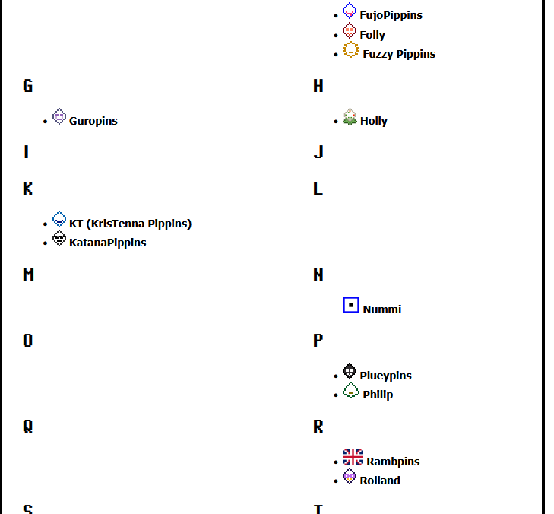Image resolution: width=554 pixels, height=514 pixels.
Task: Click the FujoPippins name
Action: click(x=391, y=15)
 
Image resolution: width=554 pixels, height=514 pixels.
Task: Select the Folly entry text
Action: click(x=372, y=35)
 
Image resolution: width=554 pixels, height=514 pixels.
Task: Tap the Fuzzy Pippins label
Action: click(x=399, y=54)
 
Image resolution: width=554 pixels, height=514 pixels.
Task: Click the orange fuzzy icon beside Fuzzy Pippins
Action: click(x=350, y=50)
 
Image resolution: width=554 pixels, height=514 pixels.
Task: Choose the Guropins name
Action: click(x=93, y=121)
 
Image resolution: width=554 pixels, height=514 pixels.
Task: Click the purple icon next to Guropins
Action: click(x=59, y=116)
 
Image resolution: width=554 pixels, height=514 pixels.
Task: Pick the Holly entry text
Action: click(x=374, y=121)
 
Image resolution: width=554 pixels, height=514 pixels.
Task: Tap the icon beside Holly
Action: click(x=350, y=116)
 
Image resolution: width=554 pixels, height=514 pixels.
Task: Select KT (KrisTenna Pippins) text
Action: click(x=130, y=224)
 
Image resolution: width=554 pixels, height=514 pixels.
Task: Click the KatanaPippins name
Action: click(x=107, y=243)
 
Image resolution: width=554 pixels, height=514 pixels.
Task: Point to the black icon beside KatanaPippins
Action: click(x=59, y=239)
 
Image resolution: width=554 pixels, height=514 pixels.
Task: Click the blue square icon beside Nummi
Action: click(x=350, y=305)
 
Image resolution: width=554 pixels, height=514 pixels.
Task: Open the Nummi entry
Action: click(x=382, y=309)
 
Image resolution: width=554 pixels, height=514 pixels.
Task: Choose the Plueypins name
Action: click(x=385, y=376)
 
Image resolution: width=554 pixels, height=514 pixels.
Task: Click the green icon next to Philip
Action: click(x=350, y=390)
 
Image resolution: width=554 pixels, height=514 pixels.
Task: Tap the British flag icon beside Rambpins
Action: click(x=353, y=457)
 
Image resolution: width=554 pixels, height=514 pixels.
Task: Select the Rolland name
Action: click(x=380, y=481)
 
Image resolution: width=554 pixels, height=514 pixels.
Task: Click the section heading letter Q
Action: click(x=27, y=427)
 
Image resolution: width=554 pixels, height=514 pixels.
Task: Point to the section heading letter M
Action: click(x=28, y=274)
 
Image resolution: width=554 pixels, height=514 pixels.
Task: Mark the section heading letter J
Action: click(x=318, y=152)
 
